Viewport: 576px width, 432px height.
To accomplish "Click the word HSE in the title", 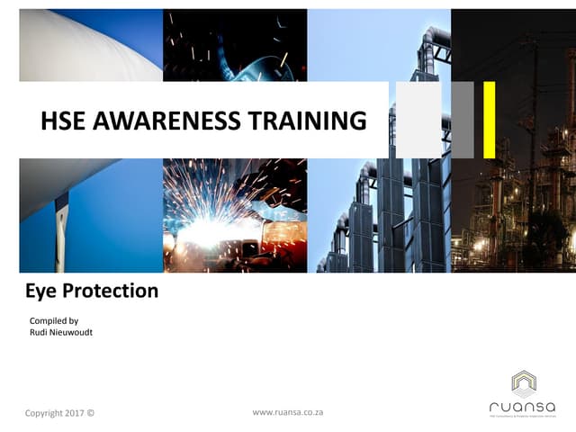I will point(63,121).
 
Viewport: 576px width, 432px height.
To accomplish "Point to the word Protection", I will point(112,291).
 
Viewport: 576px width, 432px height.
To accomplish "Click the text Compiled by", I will point(55,320).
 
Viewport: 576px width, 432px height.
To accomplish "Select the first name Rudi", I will point(40,333).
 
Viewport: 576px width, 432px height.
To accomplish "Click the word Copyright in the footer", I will point(43,413).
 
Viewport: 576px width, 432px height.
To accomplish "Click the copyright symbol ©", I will point(90,413).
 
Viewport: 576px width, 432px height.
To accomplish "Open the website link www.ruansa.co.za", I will point(288,412).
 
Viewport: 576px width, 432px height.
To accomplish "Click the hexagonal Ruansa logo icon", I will point(524,382).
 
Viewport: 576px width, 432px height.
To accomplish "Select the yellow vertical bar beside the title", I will point(489,119).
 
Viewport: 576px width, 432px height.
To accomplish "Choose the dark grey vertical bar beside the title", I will point(463,119).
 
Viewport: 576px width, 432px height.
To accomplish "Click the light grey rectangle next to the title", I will point(418,119).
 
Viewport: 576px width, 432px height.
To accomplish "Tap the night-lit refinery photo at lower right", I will point(513,216).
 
